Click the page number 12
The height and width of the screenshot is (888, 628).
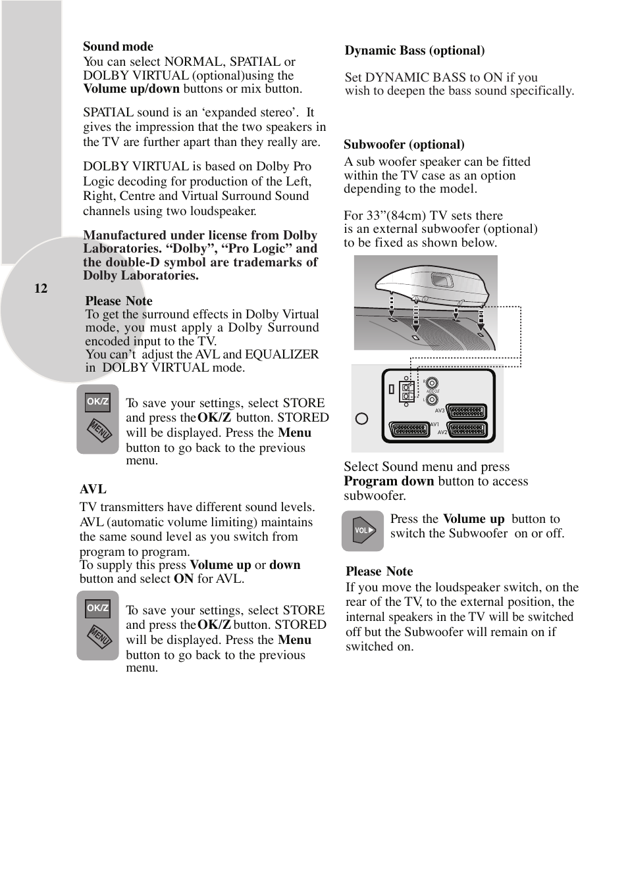tap(41, 289)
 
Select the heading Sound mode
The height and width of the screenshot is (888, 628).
tap(118, 47)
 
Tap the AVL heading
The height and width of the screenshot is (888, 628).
tap(93, 489)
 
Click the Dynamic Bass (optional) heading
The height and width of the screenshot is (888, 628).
tap(415, 51)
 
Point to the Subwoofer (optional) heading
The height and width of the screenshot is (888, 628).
tap(404, 145)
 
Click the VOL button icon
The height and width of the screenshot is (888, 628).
tap(363, 530)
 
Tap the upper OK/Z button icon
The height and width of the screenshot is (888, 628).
tap(97, 402)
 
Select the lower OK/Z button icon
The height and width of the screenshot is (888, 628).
tap(97, 608)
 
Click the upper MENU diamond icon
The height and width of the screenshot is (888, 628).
tap(99, 431)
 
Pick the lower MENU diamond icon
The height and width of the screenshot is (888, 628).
tap(99, 637)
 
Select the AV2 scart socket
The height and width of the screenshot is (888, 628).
tap(467, 430)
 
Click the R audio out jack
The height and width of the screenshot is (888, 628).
tap(432, 383)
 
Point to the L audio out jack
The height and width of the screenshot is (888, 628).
tap(432, 399)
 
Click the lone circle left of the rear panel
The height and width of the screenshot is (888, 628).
tap(361, 418)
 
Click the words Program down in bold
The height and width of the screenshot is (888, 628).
tap(388, 481)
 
